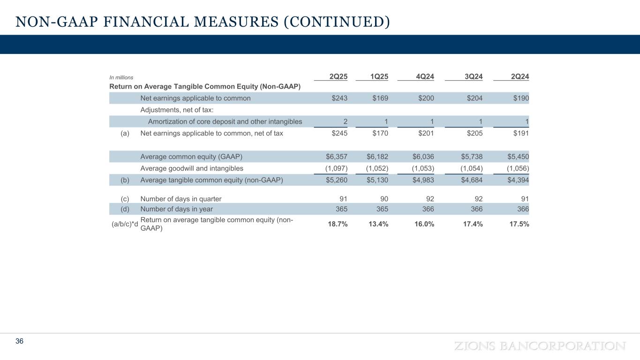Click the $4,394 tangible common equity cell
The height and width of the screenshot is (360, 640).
coord(518,180)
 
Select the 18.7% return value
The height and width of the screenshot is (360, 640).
coord(338,224)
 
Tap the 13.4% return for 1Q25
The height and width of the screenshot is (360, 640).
coord(378,224)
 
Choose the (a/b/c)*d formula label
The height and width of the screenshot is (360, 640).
coord(125,224)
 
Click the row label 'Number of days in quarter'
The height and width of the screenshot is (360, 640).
coord(181,199)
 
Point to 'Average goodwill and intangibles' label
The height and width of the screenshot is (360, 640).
coord(192,168)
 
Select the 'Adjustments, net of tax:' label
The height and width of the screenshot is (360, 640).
coord(177,110)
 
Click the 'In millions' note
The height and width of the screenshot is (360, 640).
coord(121,77)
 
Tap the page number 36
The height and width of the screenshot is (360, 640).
coord(19,341)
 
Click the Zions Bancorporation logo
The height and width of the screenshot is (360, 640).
coord(540,346)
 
